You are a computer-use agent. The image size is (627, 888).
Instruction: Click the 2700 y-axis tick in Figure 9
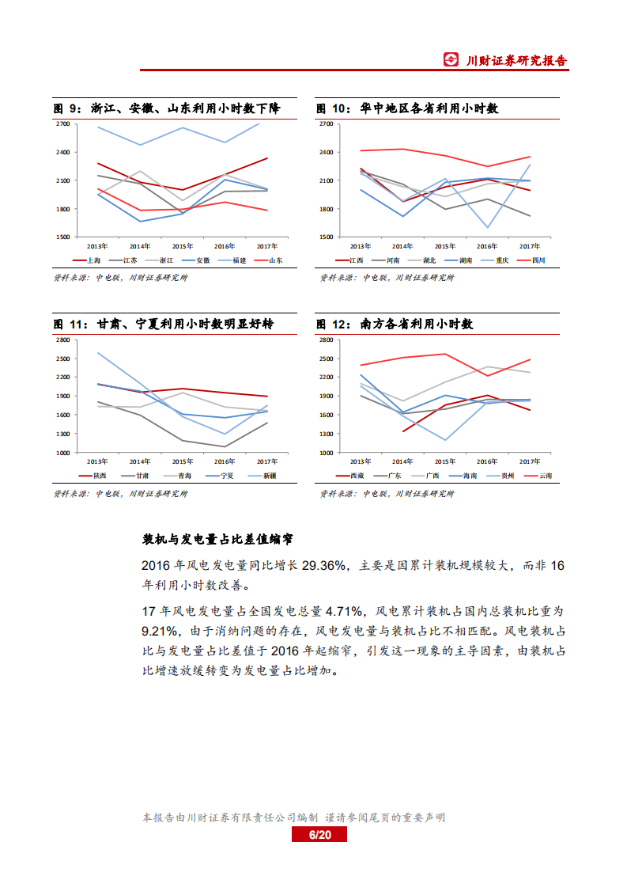62,124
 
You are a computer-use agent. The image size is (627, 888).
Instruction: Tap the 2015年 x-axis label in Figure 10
444,245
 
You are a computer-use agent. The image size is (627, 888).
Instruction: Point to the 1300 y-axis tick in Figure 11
62,434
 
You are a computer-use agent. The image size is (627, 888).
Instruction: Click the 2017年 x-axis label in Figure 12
529,461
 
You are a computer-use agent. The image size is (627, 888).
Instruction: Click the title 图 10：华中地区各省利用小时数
407,108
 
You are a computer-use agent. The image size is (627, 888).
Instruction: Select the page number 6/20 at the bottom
319,836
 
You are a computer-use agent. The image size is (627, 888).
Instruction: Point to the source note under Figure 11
120,494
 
